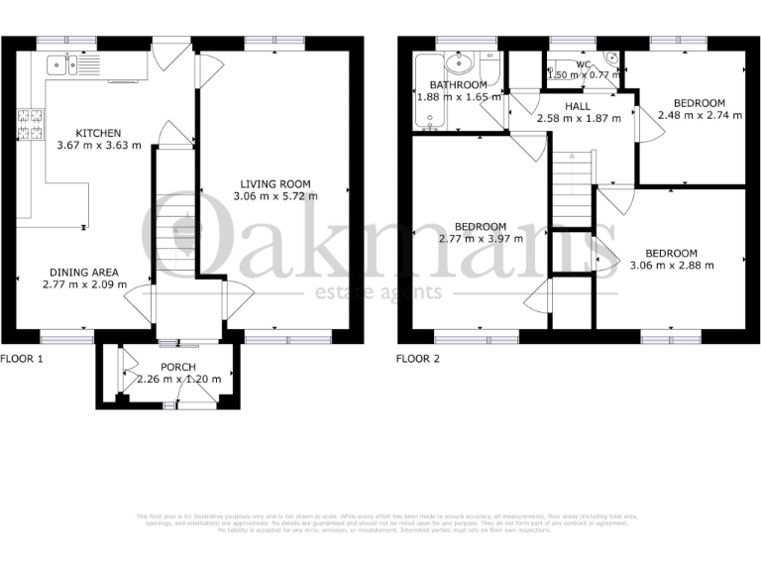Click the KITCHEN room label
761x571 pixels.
point(100,133)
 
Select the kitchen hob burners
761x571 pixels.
point(30,123)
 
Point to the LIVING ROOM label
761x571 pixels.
point(274,183)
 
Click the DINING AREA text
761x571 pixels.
point(86,272)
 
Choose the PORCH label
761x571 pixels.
point(178,366)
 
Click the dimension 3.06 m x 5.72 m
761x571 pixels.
point(274,196)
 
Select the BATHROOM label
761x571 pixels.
point(451,85)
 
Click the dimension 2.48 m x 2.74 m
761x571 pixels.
point(699,115)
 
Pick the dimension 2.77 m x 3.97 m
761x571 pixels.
point(481,239)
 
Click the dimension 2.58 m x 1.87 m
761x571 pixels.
point(579,118)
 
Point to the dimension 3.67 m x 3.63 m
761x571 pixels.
point(100,145)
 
